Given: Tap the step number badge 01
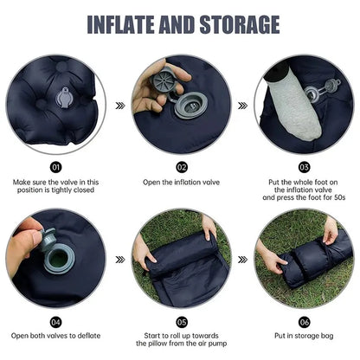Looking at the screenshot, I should (x=56, y=167).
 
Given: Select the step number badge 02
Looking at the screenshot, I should (x=181, y=167).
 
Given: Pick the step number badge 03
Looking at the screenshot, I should (x=305, y=167).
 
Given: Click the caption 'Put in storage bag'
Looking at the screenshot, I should (x=305, y=334).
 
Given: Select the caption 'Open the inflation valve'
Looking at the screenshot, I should (x=181, y=182).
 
